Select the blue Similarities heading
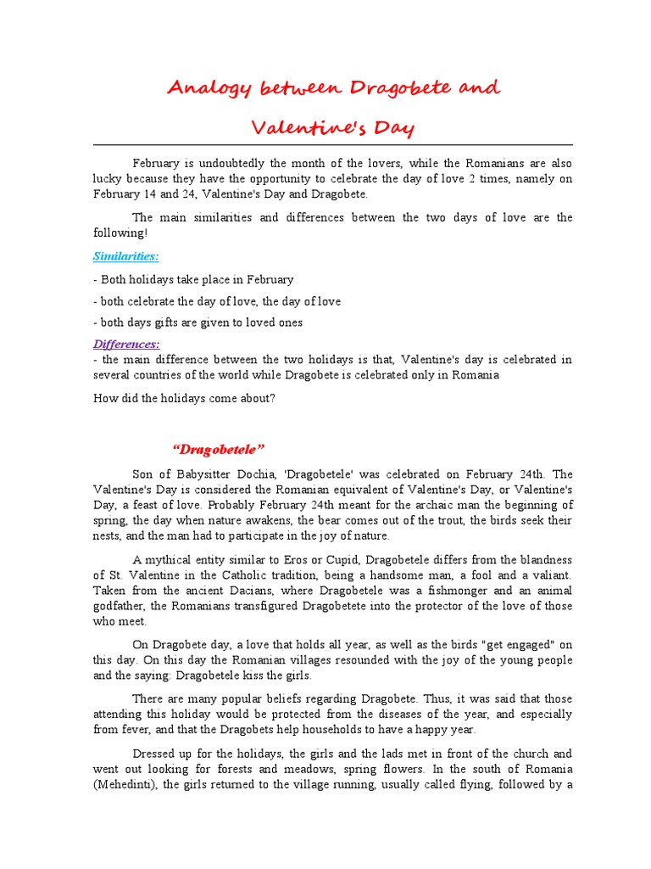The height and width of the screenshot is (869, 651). click(125, 256)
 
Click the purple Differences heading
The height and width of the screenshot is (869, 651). click(126, 344)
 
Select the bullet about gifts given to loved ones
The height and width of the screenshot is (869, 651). click(198, 322)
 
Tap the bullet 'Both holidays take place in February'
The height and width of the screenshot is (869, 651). click(193, 279)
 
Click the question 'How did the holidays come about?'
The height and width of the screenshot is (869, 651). click(184, 398)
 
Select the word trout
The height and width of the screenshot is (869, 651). click(435, 520)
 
